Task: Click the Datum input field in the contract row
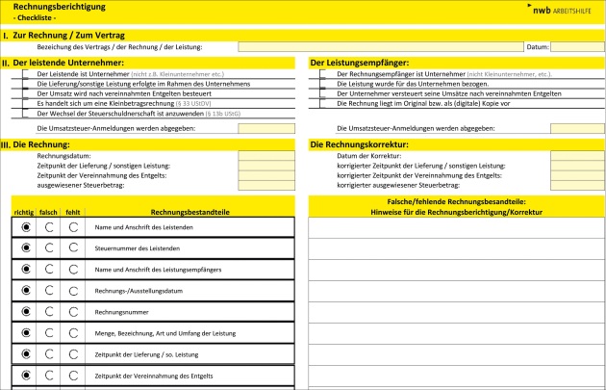577,46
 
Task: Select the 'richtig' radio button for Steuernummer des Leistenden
25,248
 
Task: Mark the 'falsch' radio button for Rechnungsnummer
49,312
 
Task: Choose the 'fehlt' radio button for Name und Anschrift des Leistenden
73,227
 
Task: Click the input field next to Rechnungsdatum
266,156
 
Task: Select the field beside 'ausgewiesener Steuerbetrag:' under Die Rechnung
266,185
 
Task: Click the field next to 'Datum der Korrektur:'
577,156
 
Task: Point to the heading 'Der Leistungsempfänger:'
359,63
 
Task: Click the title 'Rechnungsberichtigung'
54,7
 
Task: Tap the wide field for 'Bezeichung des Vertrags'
380,46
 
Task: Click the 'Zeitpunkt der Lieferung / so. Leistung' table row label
145,354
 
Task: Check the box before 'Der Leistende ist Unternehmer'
27,73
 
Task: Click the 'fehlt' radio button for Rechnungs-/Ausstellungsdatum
73,291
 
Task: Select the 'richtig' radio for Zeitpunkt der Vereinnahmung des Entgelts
25,376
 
